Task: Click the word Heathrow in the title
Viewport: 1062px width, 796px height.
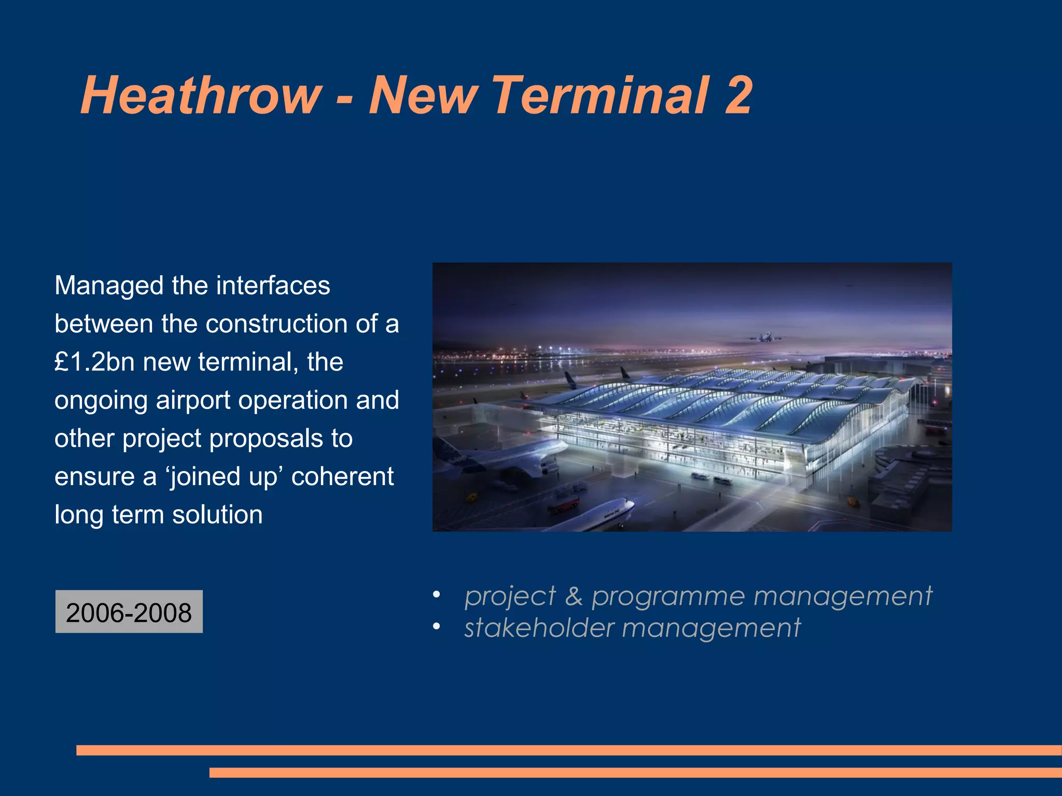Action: [x=201, y=96]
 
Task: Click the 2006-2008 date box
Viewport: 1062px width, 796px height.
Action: [x=129, y=612]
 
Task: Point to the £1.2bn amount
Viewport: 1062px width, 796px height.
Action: [x=95, y=362]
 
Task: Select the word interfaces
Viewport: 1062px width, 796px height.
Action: [x=273, y=286]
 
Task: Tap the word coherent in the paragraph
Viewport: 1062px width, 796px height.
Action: [x=342, y=477]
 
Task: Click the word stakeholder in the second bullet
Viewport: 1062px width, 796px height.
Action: [x=539, y=628]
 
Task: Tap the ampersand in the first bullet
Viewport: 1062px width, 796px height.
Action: [x=574, y=596]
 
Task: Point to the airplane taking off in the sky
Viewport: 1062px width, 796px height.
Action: [x=765, y=338]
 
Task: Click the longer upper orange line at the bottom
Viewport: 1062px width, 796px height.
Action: [x=569, y=750]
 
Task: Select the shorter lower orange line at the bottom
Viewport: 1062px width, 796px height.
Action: [x=635, y=773]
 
